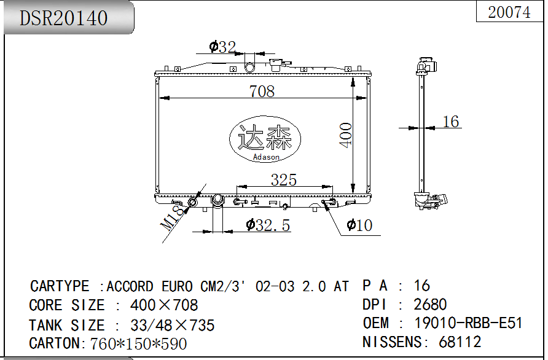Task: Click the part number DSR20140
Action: (64, 18)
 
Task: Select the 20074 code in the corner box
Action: (509, 12)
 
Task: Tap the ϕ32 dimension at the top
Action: (222, 47)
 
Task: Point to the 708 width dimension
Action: (262, 92)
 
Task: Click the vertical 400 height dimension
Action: (346, 135)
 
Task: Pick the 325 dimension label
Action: (284, 180)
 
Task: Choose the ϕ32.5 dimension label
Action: (268, 225)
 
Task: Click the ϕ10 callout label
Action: (359, 225)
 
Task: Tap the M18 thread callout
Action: (172, 217)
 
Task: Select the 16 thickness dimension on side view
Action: (451, 122)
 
